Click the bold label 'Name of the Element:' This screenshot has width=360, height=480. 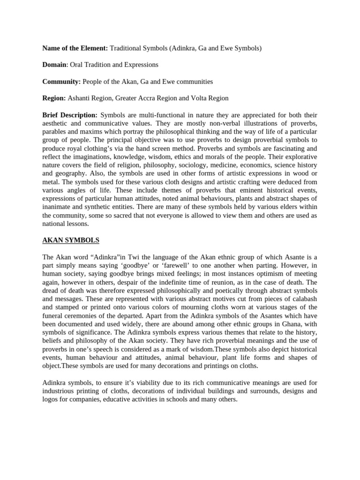coord(75,48)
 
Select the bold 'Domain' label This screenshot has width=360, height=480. coord(55,65)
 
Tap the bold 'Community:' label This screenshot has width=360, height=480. coord(61,82)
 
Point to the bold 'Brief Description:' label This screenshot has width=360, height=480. coord(70,115)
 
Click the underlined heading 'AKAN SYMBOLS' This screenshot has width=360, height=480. coord(71,240)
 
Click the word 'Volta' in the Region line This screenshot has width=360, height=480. coord(193,98)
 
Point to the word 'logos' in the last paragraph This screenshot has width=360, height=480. coord(51,399)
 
